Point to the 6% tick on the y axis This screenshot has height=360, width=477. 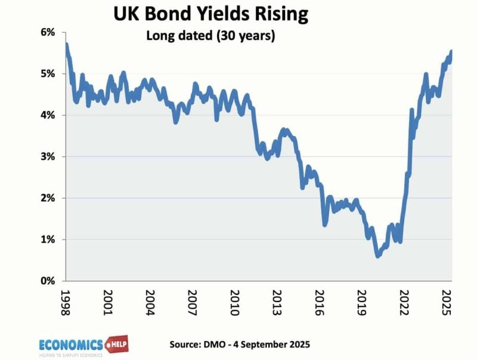(x=47, y=32)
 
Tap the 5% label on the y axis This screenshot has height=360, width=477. (x=47, y=74)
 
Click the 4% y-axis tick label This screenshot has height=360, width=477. (x=47, y=115)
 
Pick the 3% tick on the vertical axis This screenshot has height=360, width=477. (x=47, y=157)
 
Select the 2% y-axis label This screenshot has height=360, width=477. (x=47, y=198)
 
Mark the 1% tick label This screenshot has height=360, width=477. (x=47, y=240)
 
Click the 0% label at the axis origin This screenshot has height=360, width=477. (x=47, y=281)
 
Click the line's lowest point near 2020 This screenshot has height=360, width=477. (x=378, y=256)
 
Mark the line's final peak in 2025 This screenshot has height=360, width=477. (x=451, y=52)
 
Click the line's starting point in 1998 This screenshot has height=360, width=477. (x=66, y=45)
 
